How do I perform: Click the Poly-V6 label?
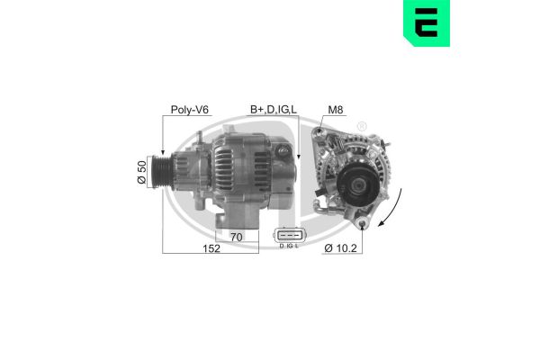point(190,110)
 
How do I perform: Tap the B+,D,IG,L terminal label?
point(274,110)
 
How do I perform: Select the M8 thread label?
point(336,110)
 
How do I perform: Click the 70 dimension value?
point(235,238)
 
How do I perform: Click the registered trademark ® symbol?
point(362,125)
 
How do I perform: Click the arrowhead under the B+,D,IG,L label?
point(299,159)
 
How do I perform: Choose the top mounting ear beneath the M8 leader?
point(320,134)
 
